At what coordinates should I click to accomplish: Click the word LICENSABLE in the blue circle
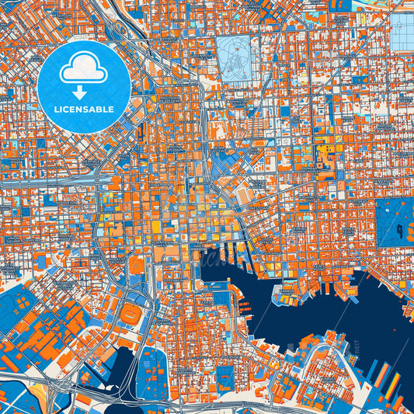click(x=83, y=109)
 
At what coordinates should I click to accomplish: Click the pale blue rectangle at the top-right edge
click(x=403, y=35)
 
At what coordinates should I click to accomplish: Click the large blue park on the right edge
click(x=395, y=222)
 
